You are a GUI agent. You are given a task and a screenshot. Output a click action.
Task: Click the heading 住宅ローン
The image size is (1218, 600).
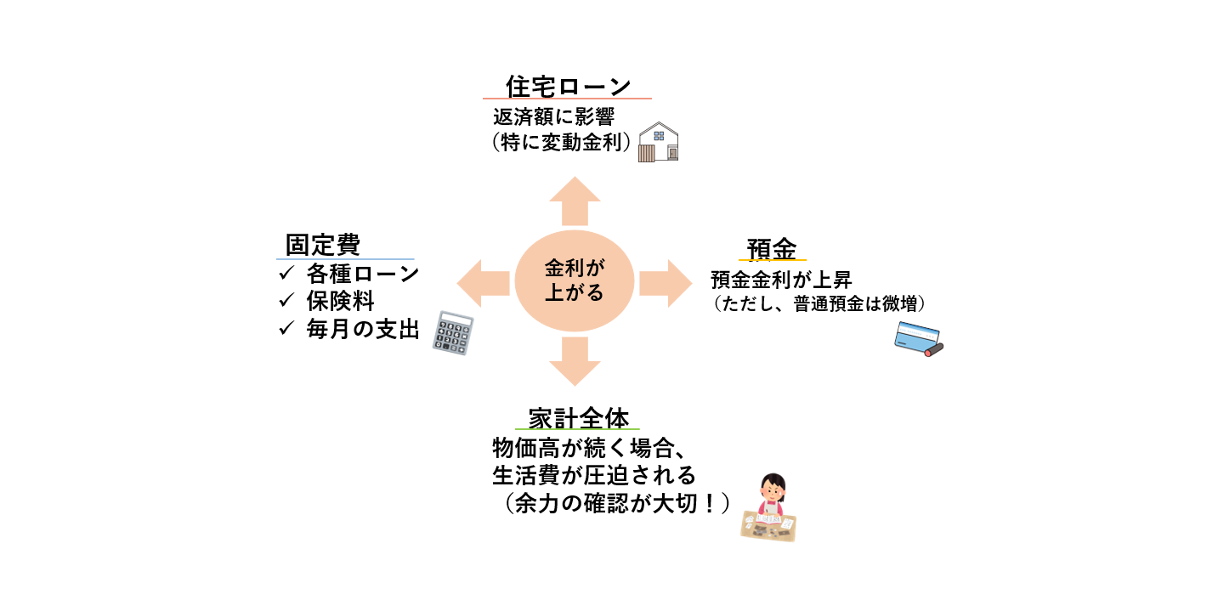pyautogui.click(x=568, y=86)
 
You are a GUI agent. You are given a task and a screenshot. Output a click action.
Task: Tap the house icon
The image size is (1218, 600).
pyautogui.click(x=659, y=142)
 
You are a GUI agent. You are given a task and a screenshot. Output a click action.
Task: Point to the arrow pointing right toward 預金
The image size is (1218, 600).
pyautogui.click(x=665, y=282)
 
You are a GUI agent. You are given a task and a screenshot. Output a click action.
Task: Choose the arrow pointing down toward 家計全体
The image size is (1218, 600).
pyautogui.click(x=575, y=361)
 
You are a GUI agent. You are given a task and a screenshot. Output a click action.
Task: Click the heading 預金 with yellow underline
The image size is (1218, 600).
pyautogui.click(x=772, y=249)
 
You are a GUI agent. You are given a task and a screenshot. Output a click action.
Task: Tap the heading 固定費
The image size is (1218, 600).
pyautogui.click(x=323, y=246)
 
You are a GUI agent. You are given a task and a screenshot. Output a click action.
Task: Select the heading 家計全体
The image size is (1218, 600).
pyautogui.click(x=578, y=418)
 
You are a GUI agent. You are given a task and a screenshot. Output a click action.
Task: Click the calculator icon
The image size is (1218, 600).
pyautogui.click(x=452, y=332)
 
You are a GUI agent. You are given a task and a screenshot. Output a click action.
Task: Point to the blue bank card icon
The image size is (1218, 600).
pyautogui.click(x=918, y=338)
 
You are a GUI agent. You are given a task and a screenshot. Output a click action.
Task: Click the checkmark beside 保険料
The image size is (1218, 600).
pyautogui.click(x=286, y=302)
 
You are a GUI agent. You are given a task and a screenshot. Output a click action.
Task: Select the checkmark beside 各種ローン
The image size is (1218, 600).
pyautogui.click(x=286, y=274)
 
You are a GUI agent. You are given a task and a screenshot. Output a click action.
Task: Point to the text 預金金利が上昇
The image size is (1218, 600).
pyautogui.click(x=781, y=279)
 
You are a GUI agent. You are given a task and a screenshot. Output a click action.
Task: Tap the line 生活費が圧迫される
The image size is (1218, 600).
pyautogui.click(x=594, y=473)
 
